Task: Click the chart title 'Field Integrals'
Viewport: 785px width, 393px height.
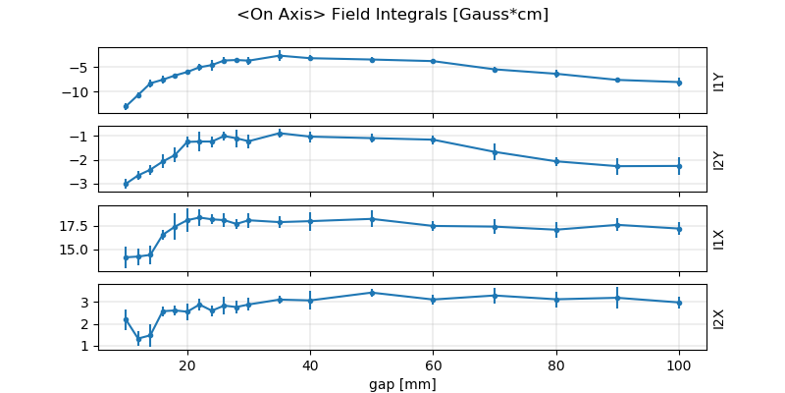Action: [x=392, y=15]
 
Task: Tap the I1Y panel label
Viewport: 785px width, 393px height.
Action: [x=719, y=81]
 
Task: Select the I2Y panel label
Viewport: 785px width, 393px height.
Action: [x=719, y=159]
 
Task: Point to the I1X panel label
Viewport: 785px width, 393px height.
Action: [x=719, y=238]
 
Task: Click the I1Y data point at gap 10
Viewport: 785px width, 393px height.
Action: [x=126, y=106]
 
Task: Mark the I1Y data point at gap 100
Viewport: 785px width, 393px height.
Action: [x=678, y=83]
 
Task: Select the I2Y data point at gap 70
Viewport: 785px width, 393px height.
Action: [x=495, y=151]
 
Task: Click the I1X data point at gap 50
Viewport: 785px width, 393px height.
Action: [x=372, y=219]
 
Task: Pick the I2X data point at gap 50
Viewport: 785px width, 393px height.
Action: [x=372, y=292]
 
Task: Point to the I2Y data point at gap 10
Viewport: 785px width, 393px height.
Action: [x=126, y=184]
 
